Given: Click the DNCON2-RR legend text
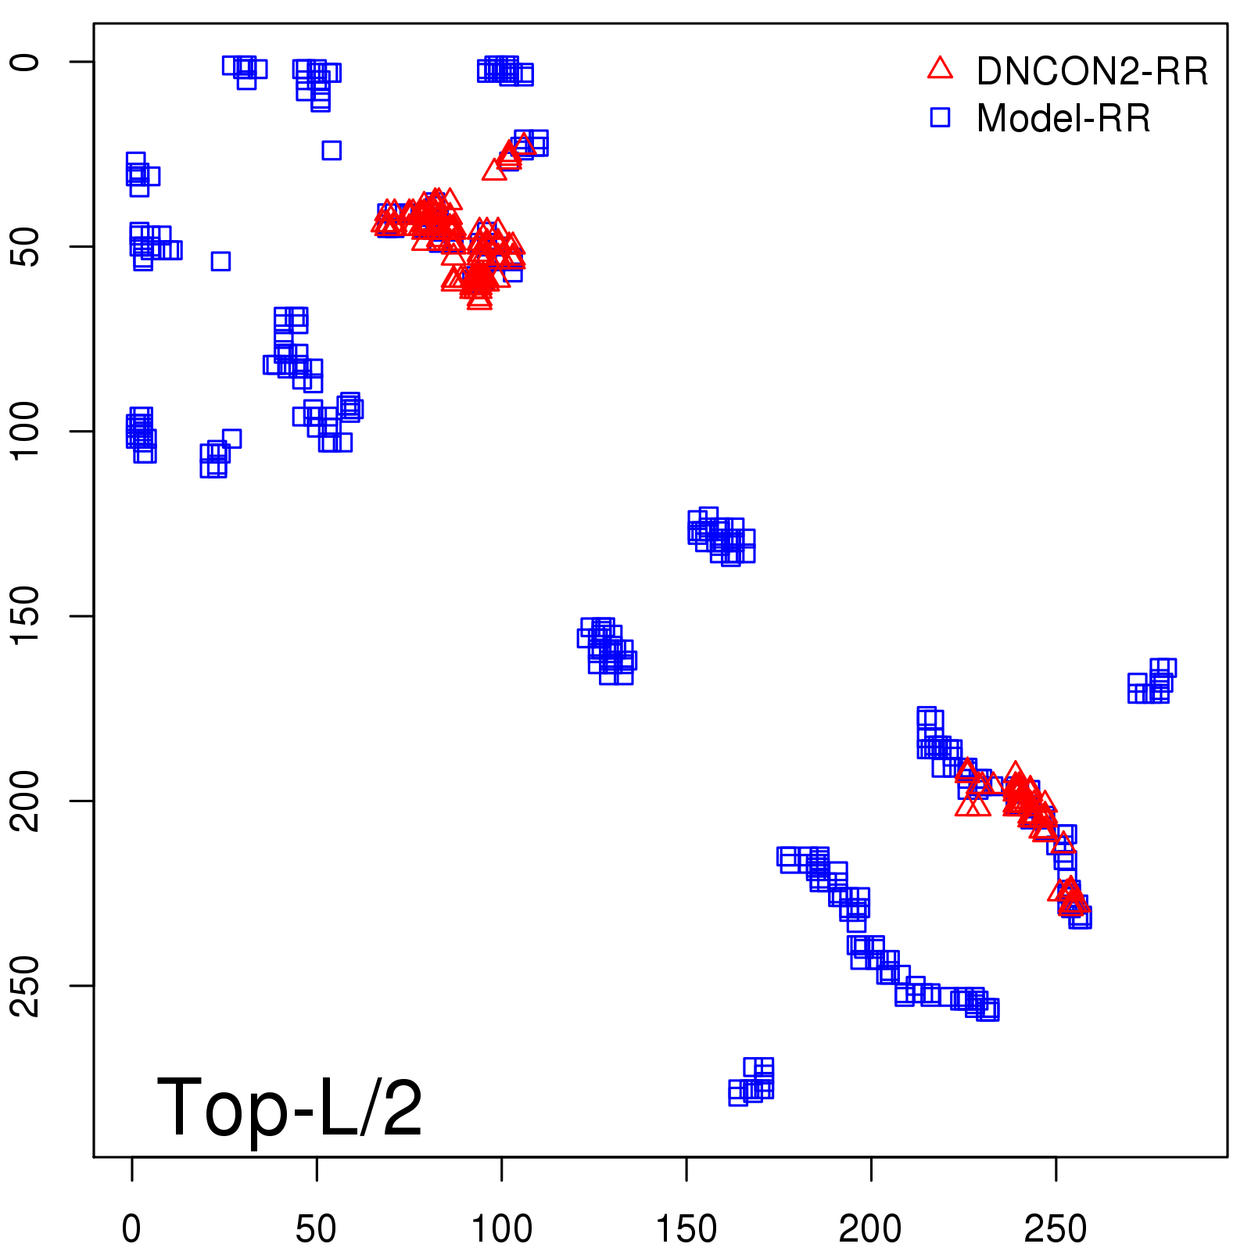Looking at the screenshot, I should point(1091,72).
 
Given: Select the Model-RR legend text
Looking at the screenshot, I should point(1063,119).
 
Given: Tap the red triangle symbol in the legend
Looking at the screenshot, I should point(940,69).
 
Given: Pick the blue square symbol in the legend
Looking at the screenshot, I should point(940,117).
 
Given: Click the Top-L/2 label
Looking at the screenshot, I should point(289,1107).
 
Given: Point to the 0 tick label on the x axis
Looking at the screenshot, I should point(131,1229).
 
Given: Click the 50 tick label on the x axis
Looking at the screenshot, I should point(316,1229).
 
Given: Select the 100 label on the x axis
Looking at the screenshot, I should point(501,1229).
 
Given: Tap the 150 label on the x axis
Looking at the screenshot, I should point(686,1229).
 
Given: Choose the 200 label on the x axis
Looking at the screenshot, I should point(870,1229).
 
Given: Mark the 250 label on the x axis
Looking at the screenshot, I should point(1056,1229).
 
